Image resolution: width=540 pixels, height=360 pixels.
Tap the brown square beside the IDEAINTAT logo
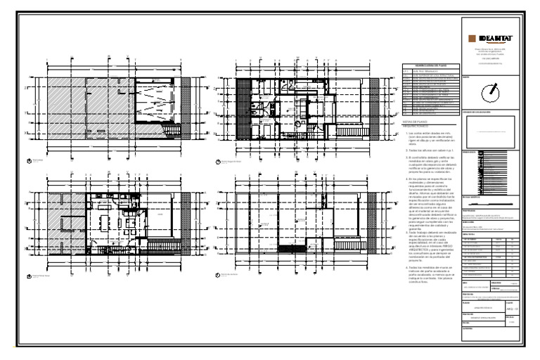[470, 37]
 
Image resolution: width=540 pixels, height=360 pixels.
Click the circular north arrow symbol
[491, 92]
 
